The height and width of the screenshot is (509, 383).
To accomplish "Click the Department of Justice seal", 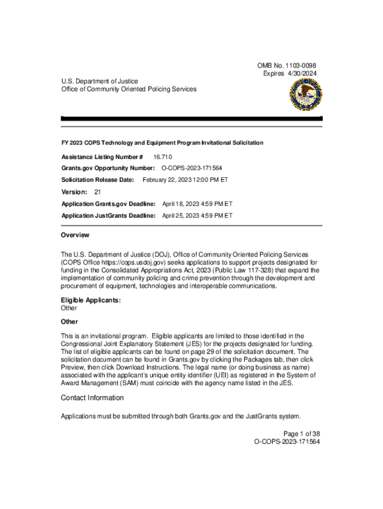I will click(305, 94).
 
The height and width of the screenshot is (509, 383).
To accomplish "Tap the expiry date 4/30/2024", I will click(301, 74).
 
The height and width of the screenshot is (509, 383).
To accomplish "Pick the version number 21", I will click(97, 192).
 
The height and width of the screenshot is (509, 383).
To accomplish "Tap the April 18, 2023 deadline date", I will click(197, 204).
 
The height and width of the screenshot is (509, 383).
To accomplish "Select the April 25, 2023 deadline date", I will click(197, 216).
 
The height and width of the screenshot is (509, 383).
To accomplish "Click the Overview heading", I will click(75, 235).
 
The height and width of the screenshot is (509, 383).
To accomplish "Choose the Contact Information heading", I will click(92, 398).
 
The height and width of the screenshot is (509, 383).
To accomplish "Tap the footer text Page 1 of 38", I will click(298, 433).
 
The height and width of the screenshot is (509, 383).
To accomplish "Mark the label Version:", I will click(74, 192).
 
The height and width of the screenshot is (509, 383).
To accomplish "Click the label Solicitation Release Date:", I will click(97, 179).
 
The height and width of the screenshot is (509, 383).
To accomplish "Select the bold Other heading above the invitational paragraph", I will click(70, 322).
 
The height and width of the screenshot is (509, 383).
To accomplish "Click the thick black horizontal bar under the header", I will click(191, 119).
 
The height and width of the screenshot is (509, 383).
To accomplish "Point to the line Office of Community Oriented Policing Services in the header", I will click(129, 89).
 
